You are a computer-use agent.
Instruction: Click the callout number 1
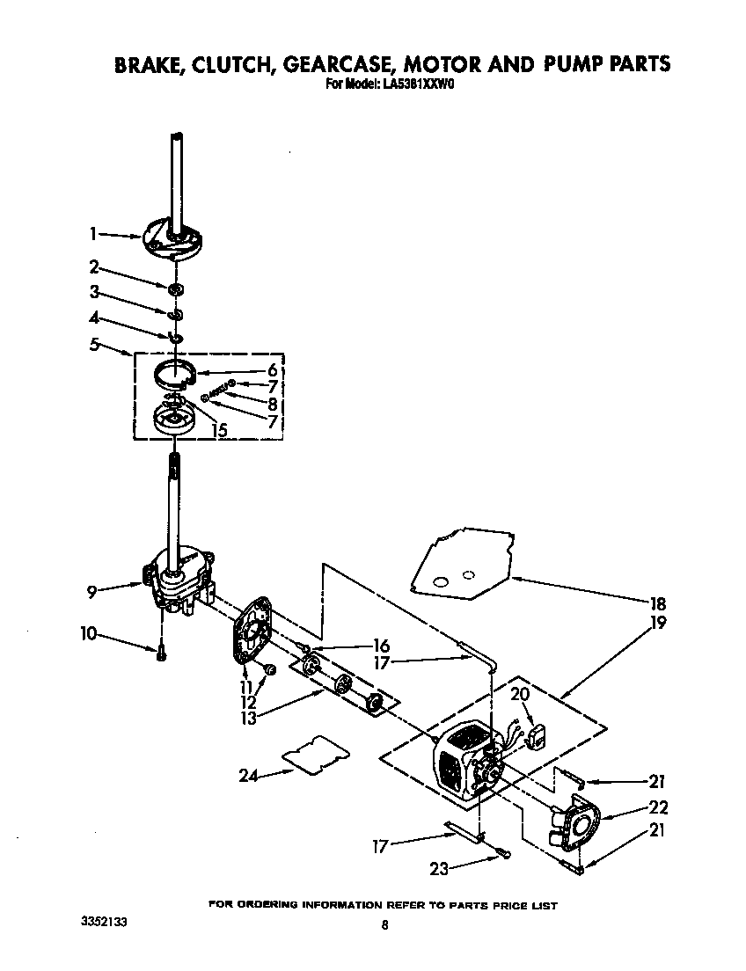[93, 234]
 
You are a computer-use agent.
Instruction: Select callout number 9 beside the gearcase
[91, 592]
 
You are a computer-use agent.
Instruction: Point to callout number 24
[249, 775]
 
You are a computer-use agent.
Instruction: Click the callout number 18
[658, 604]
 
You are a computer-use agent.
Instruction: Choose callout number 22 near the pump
[658, 807]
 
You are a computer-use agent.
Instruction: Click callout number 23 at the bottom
[439, 868]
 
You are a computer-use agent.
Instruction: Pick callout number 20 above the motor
[521, 695]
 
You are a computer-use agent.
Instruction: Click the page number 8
[384, 924]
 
